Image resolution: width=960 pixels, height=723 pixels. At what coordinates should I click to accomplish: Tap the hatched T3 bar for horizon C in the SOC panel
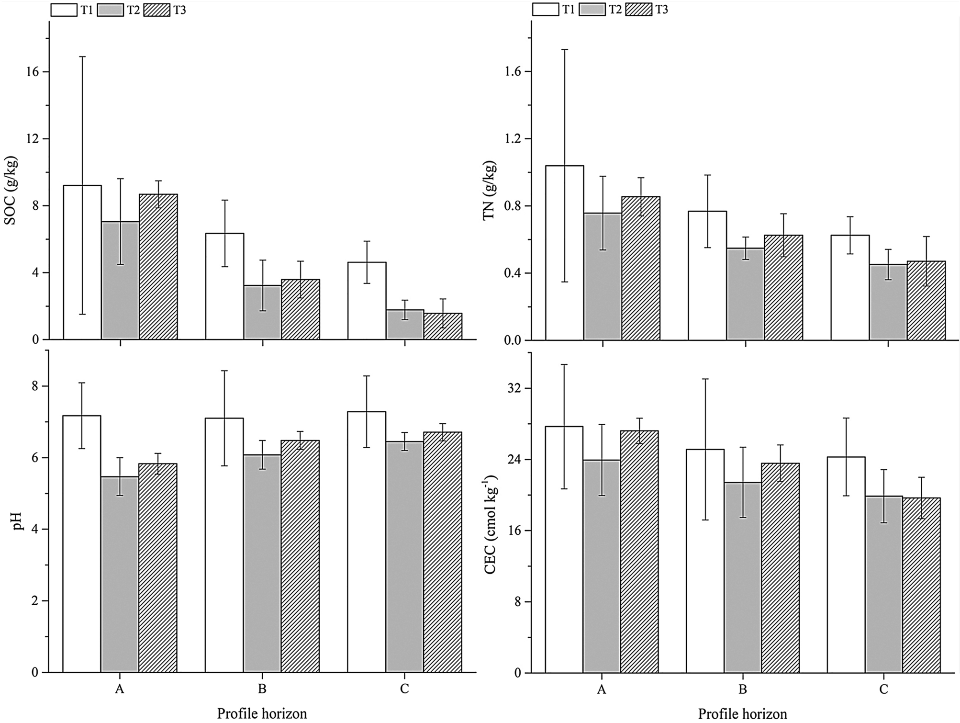pos(443,327)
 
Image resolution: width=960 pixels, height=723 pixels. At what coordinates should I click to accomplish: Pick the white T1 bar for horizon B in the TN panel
pos(707,275)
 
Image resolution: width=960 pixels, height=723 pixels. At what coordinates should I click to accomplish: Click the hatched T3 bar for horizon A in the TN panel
pos(640,268)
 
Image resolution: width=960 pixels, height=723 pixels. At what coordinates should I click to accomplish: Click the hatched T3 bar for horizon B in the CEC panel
pos(780,567)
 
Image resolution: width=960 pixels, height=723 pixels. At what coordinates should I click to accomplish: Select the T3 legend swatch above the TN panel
pos(638,10)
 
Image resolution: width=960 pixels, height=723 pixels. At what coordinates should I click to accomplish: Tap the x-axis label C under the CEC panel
pos(883,690)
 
